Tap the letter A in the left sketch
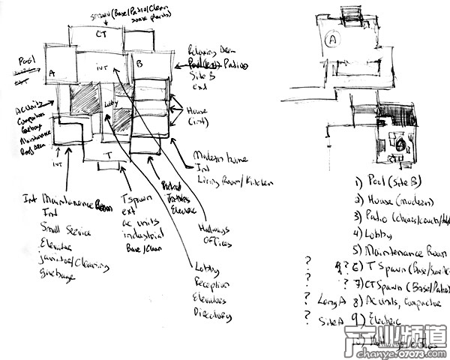[x=52, y=73]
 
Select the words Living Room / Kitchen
[x=232, y=181]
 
